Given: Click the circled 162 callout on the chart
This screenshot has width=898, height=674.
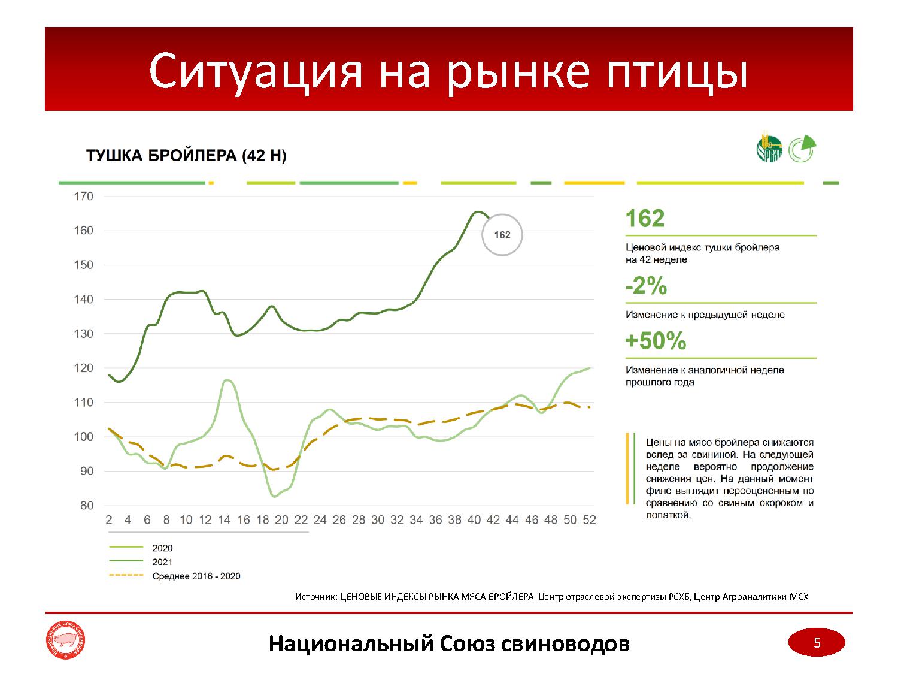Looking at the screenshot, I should coord(502,235).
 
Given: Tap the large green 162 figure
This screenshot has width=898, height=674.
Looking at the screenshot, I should coord(645,219).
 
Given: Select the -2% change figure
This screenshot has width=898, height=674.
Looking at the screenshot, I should coord(646,287).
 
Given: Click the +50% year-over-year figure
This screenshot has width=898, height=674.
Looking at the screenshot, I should coord(656,341).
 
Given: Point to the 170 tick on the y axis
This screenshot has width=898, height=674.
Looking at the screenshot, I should coord(83,196).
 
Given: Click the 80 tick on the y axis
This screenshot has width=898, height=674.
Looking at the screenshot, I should coord(87,506).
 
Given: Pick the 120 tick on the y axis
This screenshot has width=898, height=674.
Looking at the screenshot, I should coord(83,368).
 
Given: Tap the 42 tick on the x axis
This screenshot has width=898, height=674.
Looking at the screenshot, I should coord(493,520).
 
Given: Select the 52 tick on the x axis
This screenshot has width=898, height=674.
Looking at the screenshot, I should coord(589,520).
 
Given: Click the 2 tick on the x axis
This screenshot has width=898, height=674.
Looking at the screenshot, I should coord(109,520).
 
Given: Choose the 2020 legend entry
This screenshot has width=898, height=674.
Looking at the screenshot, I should coord(162,548).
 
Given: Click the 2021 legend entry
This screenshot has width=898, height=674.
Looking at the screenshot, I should coord(162,562).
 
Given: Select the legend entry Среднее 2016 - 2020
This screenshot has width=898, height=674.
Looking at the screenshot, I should coord(196,576).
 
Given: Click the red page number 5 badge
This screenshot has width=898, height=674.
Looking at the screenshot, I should coord(817,643).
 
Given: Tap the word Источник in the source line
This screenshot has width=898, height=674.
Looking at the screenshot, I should coord(315,597).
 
